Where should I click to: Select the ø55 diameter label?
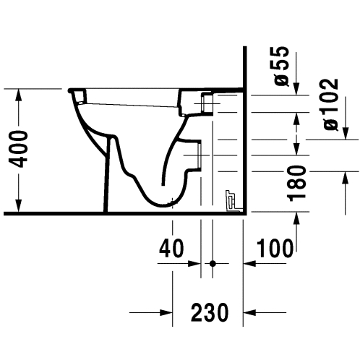[281, 66]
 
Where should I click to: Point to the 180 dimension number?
[296, 184]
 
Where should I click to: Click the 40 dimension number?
[171, 248]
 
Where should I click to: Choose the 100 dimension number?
[275, 248]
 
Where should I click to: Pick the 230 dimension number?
[210, 312]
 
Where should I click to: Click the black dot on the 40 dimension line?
[213, 263]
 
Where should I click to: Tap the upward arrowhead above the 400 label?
[19, 95]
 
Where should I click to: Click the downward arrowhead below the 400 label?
[19, 206]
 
